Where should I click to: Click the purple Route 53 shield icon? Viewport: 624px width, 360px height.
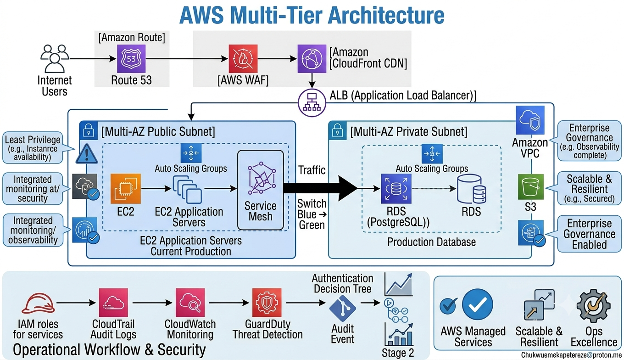coord(131,59)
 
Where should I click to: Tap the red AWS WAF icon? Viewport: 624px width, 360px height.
coord(243,59)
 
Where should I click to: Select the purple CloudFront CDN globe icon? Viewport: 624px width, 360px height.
coord(312,59)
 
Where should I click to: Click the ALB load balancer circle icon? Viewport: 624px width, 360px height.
coord(312,102)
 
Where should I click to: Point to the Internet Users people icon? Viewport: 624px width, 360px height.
coord(55,58)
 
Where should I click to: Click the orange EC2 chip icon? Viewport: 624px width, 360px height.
coord(126,189)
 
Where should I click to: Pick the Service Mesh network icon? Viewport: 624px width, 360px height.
coord(262,178)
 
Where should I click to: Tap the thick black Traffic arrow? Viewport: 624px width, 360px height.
coord(320,189)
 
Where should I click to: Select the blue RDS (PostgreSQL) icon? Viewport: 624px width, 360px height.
coord(396,189)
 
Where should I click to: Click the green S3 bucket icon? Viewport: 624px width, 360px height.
coord(531,187)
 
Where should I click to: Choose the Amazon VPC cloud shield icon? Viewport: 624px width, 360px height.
coord(530,120)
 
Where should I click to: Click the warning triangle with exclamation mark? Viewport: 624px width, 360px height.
coord(87,154)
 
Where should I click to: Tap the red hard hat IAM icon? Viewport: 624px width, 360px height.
coord(38,304)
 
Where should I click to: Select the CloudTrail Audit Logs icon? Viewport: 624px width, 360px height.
coord(113,303)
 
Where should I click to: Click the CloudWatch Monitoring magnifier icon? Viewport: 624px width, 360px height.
coord(190,303)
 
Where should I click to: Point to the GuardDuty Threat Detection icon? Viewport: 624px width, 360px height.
coord(267,303)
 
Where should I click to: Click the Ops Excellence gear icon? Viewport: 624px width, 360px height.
coord(594,306)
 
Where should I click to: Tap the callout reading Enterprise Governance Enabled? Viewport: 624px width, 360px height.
coord(589,234)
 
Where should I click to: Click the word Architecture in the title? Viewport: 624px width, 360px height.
coord(386,15)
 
